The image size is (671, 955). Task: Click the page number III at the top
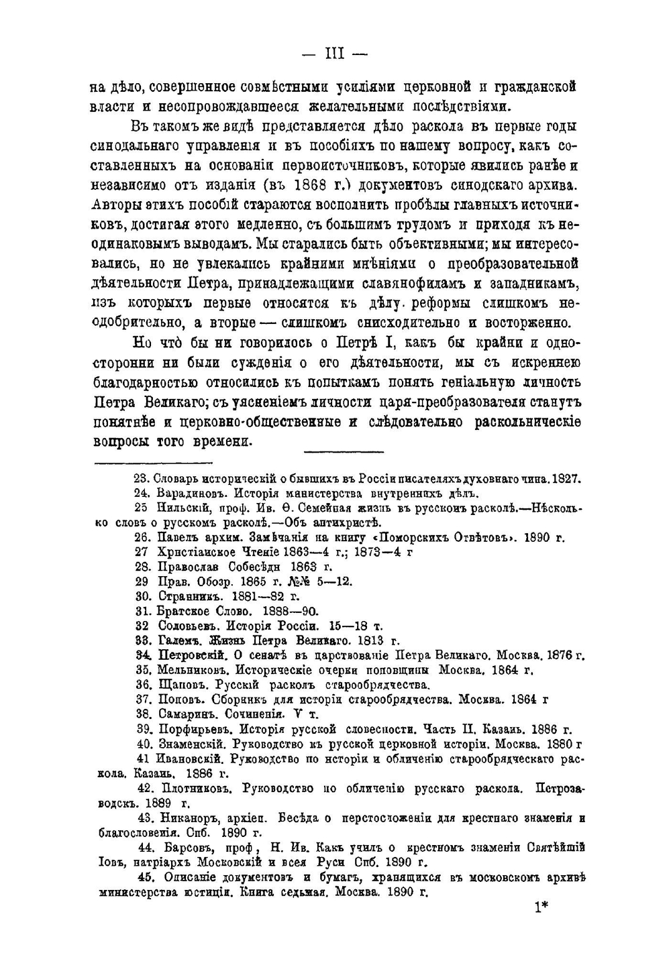click(x=334, y=53)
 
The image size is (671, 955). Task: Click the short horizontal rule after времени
click(x=343, y=450)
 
